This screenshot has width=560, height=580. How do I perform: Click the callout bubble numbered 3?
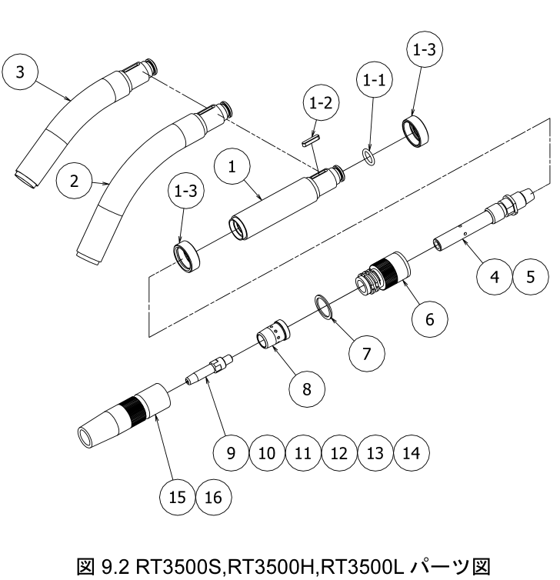[20, 72]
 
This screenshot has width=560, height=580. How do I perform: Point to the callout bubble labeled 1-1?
[375, 79]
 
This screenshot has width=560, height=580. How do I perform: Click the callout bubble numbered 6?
[429, 318]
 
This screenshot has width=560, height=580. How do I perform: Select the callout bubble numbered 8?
[306, 389]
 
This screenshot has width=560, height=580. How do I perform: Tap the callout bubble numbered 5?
[531, 276]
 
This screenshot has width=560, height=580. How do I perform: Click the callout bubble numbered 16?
[213, 498]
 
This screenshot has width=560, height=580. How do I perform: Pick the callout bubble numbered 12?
[338, 452]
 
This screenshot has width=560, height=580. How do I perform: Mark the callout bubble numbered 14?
[411, 452]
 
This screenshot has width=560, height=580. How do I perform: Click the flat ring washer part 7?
[325, 306]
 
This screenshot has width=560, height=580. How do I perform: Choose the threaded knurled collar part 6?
[382, 274]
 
